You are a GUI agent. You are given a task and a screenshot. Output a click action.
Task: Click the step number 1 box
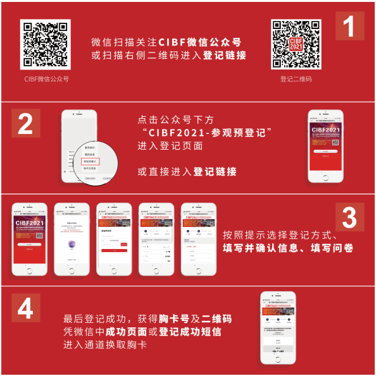tap(349, 26)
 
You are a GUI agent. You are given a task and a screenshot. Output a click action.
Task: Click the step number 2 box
tap(25, 124)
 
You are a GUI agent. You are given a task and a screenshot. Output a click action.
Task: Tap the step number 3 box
tap(349, 218)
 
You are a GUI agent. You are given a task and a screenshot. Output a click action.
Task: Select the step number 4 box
tap(25, 309)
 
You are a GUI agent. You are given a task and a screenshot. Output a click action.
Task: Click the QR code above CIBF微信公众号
tap(45, 44)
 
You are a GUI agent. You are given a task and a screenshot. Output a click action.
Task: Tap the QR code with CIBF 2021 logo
tap(296, 44)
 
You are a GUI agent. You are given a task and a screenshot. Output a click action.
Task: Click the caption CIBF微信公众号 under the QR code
tap(46, 79)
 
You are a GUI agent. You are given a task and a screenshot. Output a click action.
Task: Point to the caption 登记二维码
tap(296, 79)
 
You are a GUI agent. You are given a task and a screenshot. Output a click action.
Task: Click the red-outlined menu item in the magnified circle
tap(92, 162)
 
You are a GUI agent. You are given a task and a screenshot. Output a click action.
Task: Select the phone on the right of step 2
tap(325, 147)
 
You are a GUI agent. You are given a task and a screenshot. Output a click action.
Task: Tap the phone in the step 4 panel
tap(278, 327)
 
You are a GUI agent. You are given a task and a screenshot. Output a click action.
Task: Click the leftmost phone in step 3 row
tap(30, 238)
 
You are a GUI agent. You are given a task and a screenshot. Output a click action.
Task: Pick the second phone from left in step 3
tap(72, 238)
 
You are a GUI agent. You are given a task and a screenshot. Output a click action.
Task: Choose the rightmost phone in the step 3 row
tap(199, 238)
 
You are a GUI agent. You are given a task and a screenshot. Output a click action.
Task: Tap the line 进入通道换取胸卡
tap(105, 344)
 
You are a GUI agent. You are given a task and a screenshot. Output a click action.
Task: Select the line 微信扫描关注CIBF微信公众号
tap(166, 42)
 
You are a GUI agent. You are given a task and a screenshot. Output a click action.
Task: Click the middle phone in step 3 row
tap(114, 238)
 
